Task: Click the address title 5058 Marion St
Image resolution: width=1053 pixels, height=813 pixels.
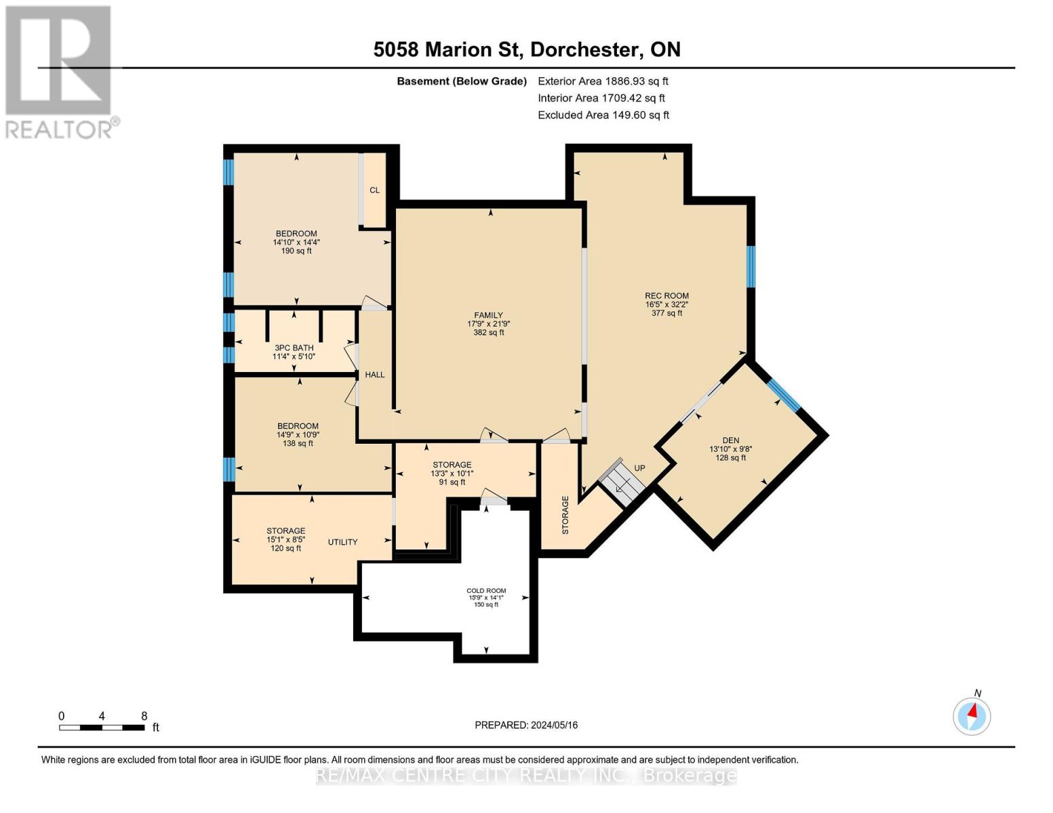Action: [527, 49]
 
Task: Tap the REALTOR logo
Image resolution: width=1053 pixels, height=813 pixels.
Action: [60, 71]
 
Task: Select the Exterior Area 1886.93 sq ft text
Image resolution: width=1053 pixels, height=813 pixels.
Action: [603, 81]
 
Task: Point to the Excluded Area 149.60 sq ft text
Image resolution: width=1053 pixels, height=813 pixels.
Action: [603, 115]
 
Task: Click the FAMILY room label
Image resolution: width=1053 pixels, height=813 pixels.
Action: [488, 316]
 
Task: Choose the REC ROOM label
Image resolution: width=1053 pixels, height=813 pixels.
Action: [667, 296]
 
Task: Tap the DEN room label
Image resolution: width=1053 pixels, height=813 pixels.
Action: [730, 440]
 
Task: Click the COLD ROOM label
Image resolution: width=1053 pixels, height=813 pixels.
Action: [486, 591]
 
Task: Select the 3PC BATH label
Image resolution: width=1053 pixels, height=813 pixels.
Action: [294, 348]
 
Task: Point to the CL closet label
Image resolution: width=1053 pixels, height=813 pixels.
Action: [374, 190]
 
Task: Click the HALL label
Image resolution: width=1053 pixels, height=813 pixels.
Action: [374, 375]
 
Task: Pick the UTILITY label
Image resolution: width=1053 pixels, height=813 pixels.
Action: [342, 542]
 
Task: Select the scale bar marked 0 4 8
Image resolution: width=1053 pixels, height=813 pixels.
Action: [102, 728]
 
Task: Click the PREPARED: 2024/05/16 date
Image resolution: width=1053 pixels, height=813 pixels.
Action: [526, 725]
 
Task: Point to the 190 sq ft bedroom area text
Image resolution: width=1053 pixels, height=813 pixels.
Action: [296, 251]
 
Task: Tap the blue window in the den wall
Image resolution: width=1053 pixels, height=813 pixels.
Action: [784, 395]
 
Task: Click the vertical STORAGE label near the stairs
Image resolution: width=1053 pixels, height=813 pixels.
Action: [565, 515]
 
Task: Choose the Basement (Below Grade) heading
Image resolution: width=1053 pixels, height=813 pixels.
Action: [461, 81]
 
